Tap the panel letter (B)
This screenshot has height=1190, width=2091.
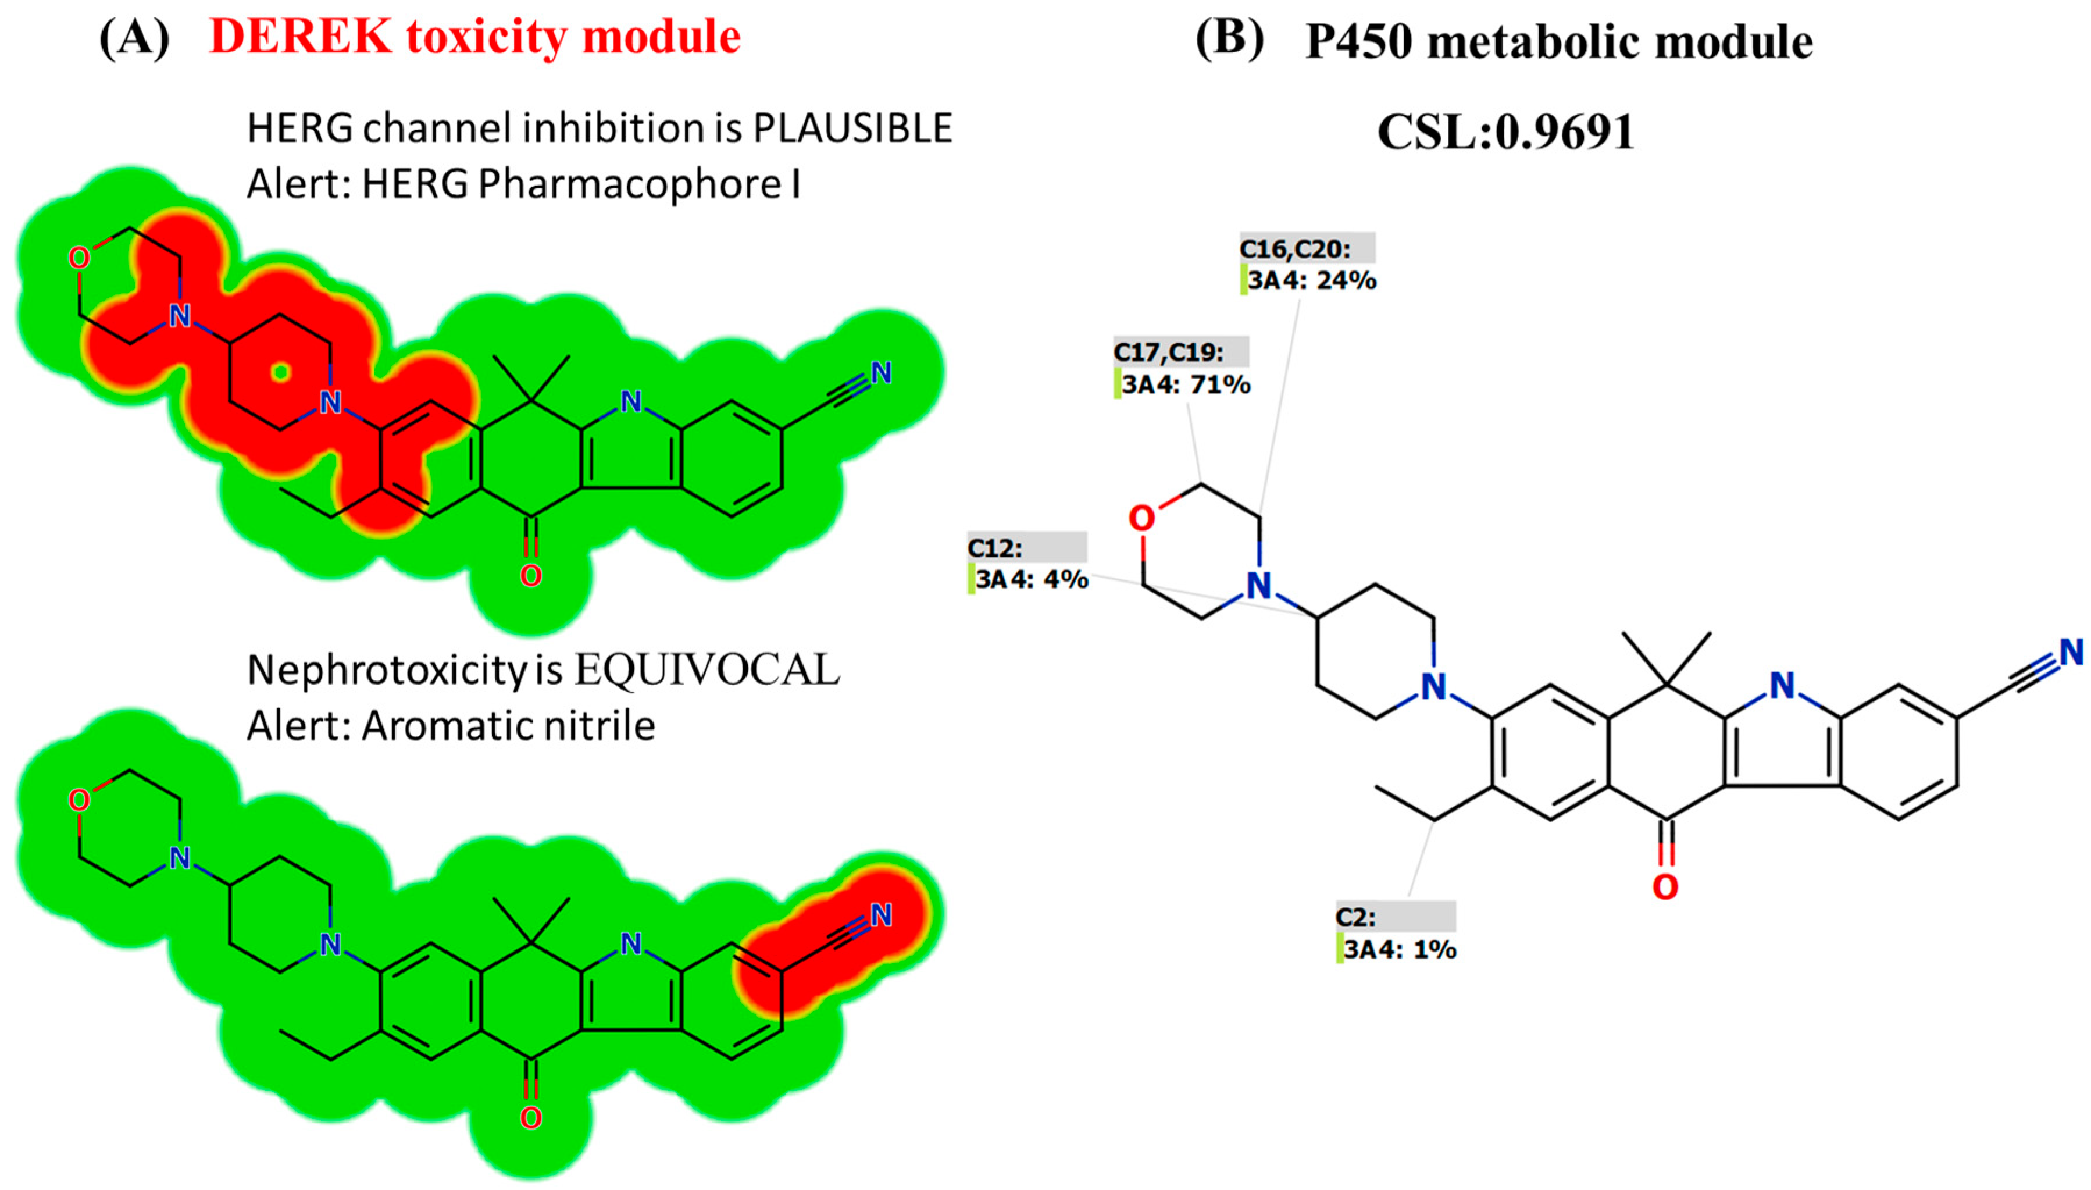(1229, 38)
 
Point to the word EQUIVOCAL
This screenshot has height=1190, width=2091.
(707, 670)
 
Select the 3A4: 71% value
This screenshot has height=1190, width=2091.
(1186, 384)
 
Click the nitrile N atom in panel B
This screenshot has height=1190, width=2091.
(2071, 652)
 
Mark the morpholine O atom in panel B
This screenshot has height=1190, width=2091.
(1141, 518)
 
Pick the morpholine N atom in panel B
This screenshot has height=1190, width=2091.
(1258, 585)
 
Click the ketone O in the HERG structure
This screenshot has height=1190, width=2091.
(530, 575)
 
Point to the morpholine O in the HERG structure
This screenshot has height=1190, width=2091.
(78, 258)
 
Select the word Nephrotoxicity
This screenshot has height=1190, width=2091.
(387, 670)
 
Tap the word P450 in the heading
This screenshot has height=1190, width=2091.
(1358, 41)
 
